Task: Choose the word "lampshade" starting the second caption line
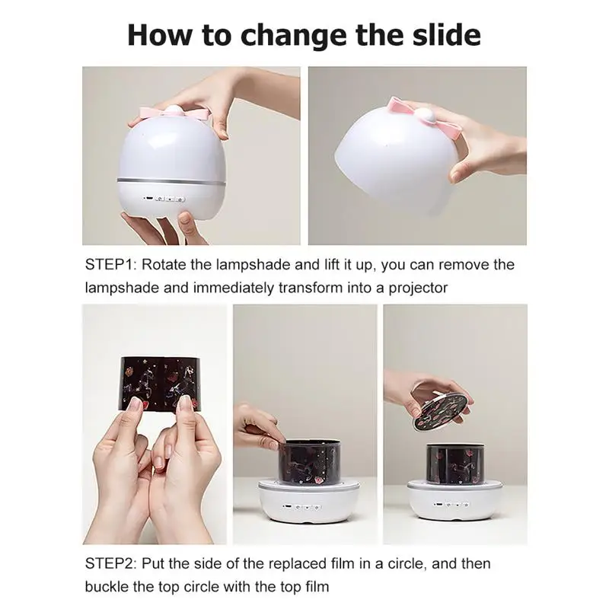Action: [120, 289]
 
